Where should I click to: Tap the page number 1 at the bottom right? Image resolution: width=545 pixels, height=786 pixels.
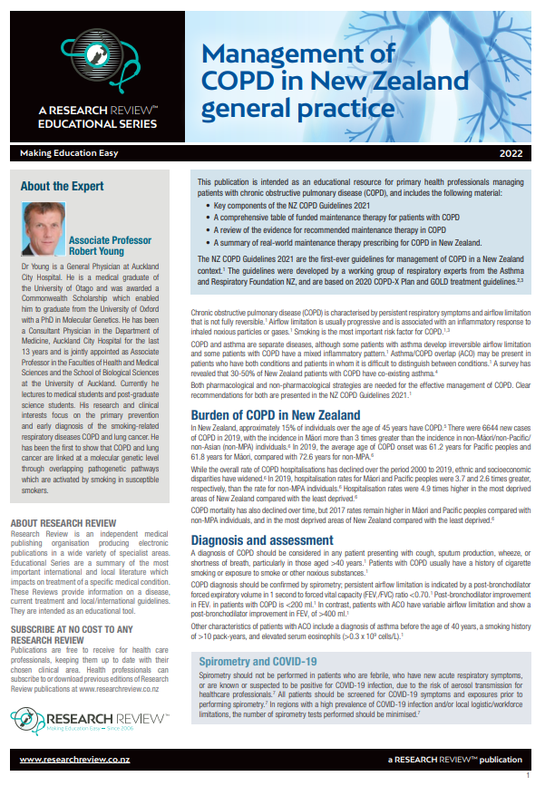528,776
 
